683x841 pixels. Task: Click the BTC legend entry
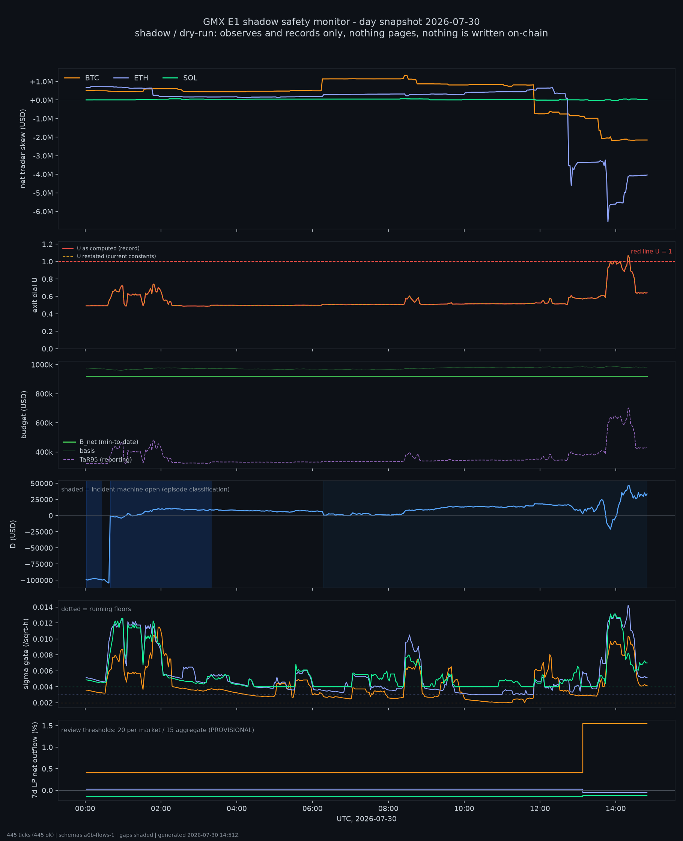coord(81,78)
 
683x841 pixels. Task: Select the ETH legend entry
coord(131,78)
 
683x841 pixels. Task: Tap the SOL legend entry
coord(180,78)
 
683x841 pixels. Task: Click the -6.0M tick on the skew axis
coord(43,212)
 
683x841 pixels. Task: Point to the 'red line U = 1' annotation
coord(651,252)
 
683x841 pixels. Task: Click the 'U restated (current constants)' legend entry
coord(109,256)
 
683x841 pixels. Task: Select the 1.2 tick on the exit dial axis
coord(47,244)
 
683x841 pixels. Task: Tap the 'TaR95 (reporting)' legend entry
coord(98,460)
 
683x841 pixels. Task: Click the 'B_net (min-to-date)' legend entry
coord(101,442)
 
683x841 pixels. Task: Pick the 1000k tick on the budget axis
coord(42,365)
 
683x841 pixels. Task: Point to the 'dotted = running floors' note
coord(96,609)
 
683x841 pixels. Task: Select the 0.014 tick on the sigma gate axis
coord(43,607)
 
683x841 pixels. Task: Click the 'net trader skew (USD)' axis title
coord(23,149)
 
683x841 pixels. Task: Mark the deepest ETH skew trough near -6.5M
coord(608,222)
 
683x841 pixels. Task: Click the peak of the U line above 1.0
coord(628,255)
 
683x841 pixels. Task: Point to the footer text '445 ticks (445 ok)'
coord(30,835)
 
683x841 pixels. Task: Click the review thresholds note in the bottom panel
coord(158,730)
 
